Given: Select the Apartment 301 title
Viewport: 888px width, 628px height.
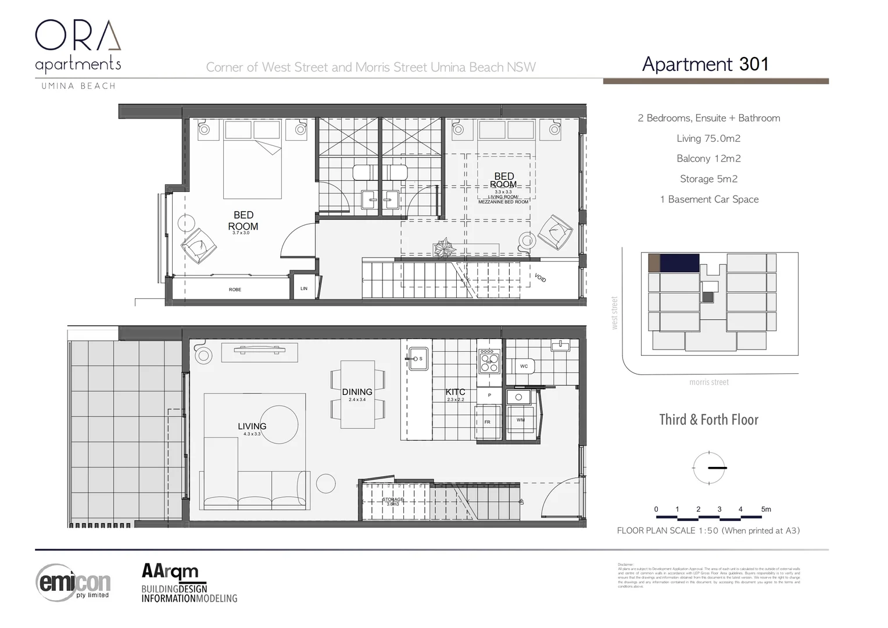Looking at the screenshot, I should click(705, 64).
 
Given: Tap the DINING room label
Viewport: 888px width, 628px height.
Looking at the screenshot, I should click(357, 392).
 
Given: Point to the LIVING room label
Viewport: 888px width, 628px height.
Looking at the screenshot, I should click(252, 427).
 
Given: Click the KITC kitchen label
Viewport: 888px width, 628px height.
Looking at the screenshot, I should click(455, 392).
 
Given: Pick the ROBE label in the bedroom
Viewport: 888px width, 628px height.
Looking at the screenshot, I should click(235, 290).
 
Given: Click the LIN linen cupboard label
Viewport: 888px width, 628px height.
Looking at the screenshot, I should click(303, 288).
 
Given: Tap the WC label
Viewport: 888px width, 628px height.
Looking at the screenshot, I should click(524, 366).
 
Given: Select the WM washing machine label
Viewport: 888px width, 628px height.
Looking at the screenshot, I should click(520, 420).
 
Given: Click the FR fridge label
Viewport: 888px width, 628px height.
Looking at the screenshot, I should click(487, 422).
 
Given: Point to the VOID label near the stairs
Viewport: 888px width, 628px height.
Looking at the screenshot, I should click(540, 279).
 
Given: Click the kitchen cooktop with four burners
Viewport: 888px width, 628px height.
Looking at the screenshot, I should click(489, 361).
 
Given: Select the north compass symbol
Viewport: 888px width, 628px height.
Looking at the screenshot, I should click(709, 468).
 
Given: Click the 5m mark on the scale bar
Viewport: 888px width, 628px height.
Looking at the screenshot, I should click(766, 509).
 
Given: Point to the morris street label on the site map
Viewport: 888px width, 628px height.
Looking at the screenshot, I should click(708, 382).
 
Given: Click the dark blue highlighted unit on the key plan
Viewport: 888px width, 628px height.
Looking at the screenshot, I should click(679, 263).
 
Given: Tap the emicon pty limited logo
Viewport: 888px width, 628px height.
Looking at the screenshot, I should click(73, 582).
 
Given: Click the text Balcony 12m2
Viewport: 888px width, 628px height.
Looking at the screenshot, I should click(708, 159).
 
